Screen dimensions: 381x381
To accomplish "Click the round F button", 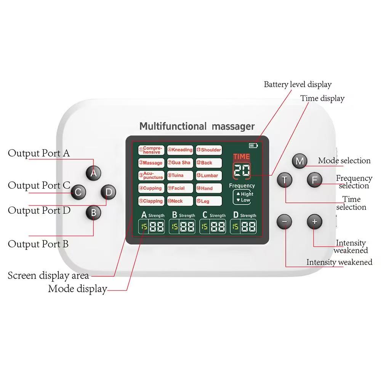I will (314, 179).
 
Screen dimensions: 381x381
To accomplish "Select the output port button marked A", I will (93, 173).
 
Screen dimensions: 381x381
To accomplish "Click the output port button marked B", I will (93, 213).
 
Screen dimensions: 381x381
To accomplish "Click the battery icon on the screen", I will (253, 145).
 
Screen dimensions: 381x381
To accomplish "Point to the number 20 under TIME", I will (242, 170).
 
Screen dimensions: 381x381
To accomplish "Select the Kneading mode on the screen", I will (180, 150).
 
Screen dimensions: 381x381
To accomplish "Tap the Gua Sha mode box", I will (180, 163).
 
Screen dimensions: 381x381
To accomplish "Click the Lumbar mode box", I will (209, 176).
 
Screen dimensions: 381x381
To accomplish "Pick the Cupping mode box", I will (151, 188).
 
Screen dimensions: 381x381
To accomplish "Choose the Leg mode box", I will (209, 201).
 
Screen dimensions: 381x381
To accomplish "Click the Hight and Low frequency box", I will (242, 197).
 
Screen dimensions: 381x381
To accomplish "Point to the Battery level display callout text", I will (298, 84).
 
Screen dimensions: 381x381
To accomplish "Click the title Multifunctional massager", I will (197, 126).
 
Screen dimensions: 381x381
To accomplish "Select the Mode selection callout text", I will (344, 160).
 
